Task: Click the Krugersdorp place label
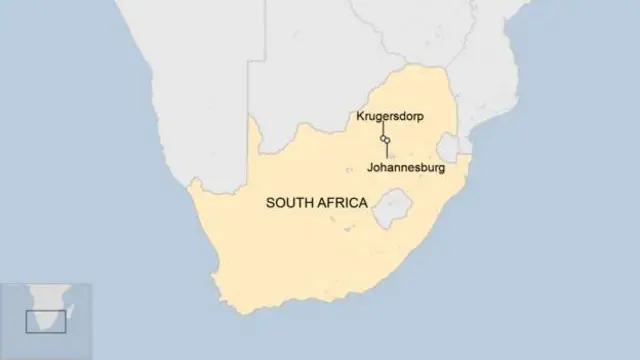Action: click(x=390, y=117)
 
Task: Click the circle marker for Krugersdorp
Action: click(x=383, y=137)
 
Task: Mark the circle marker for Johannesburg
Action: click(x=387, y=141)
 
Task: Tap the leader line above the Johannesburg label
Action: click(x=387, y=152)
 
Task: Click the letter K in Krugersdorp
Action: click(x=360, y=117)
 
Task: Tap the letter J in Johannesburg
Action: click(x=372, y=168)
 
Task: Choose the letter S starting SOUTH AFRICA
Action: click(x=269, y=202)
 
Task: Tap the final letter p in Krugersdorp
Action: click(x=420, y=118)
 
